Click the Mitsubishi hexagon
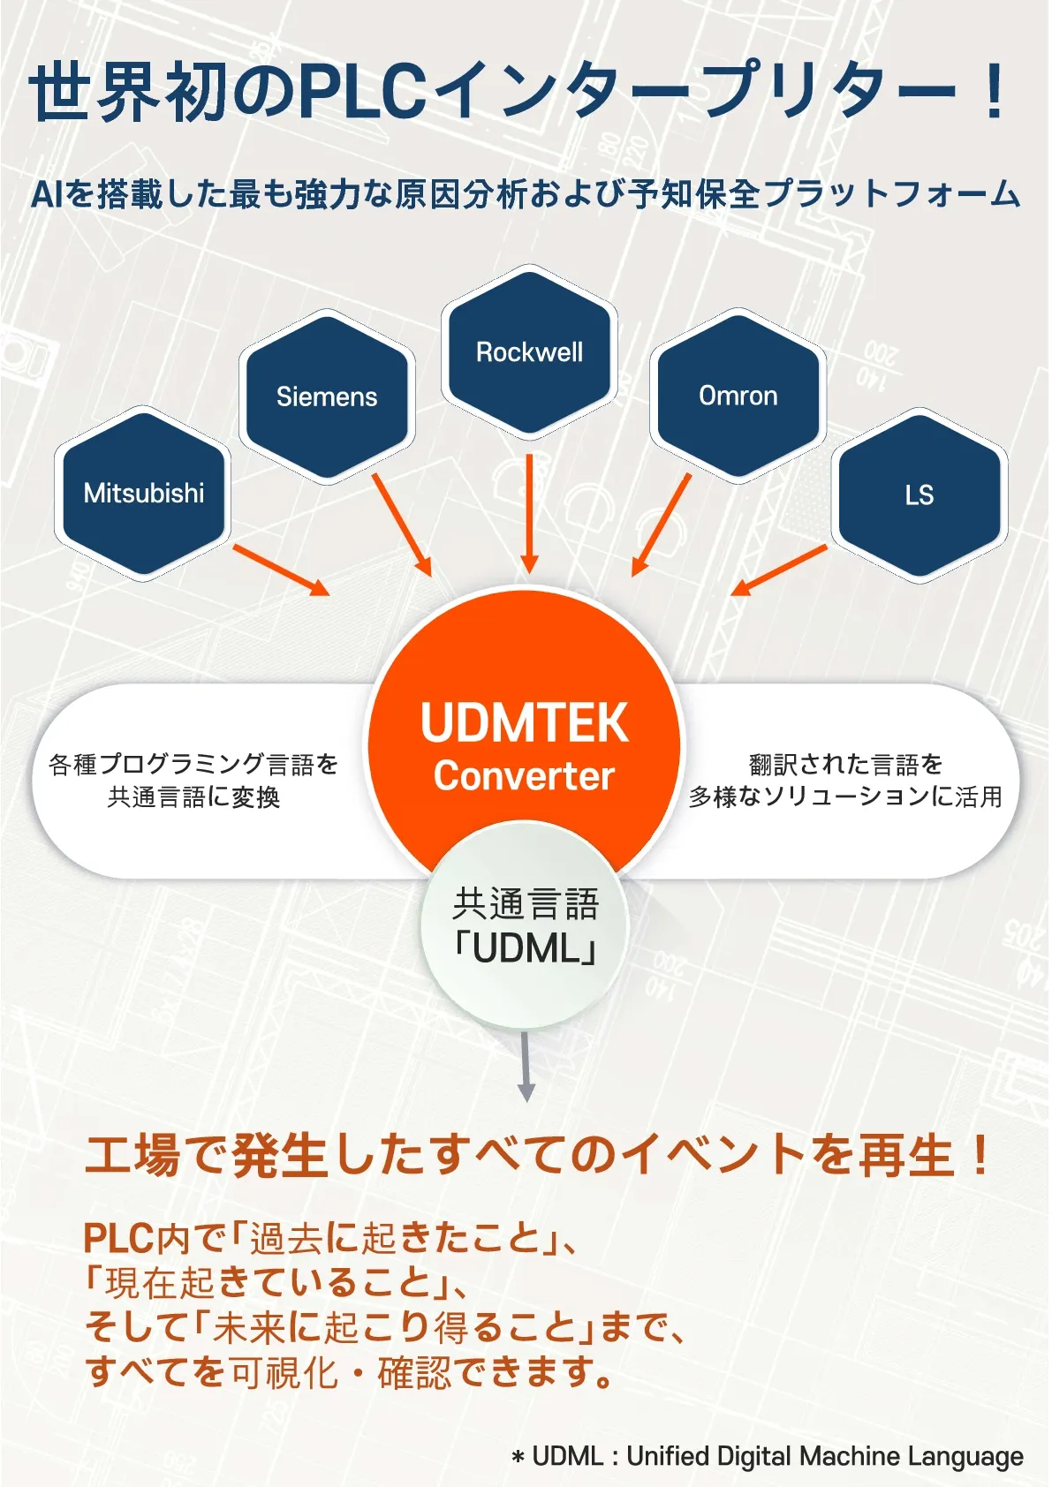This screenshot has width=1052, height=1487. [x=143, y=493]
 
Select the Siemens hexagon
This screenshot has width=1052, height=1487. [x=327, y=396]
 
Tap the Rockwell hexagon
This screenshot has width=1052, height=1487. [x=529, y=351]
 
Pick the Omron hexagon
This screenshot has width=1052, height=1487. [x=738, y=396]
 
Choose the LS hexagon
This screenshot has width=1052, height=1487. [x=920, y=494]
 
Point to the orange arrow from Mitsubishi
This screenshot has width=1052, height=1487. [x=281, y=570]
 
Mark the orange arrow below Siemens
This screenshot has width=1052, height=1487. [x=401, y=525]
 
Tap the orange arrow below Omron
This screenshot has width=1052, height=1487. [x=661, y=525]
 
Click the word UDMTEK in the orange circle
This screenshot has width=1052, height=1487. [x=524, y=723]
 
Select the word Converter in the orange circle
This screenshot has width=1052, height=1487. [x=524, y=776]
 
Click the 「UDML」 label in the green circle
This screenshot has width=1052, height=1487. [x=526, y=949]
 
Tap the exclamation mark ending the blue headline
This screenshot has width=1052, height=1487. [x=995, y=92]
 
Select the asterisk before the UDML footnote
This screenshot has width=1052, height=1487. [x=518, y=1457]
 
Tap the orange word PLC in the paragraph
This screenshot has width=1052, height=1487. [x=118, y=1238]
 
